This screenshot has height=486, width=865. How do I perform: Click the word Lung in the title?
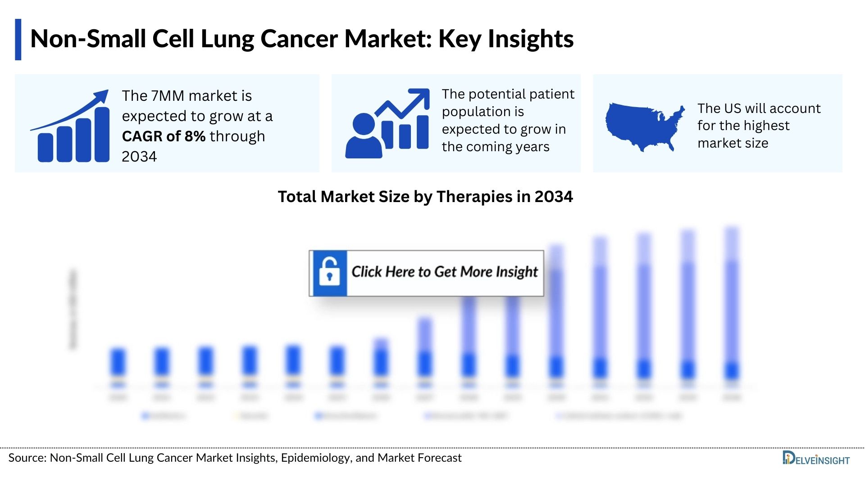click(x=227, y=39)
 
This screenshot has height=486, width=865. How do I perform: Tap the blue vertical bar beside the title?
click(x=18, y=40)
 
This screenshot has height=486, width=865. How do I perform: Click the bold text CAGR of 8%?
click(x=164, y=136)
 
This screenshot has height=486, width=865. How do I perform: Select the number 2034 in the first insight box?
click(x=139, y=157)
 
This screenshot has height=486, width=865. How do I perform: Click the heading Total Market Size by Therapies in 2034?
click(x=425, y=197)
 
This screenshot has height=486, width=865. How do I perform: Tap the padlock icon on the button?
click(x=329, y=273)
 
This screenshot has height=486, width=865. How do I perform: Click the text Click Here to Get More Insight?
click(x=444, y=272)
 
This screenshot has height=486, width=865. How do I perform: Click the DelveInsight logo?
click(x=815, y=459)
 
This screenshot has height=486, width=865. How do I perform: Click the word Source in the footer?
click(x=27, y=458)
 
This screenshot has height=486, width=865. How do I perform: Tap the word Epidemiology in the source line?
click(x=315, y=458)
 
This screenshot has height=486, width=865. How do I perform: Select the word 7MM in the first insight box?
click(x=168, y=96)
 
